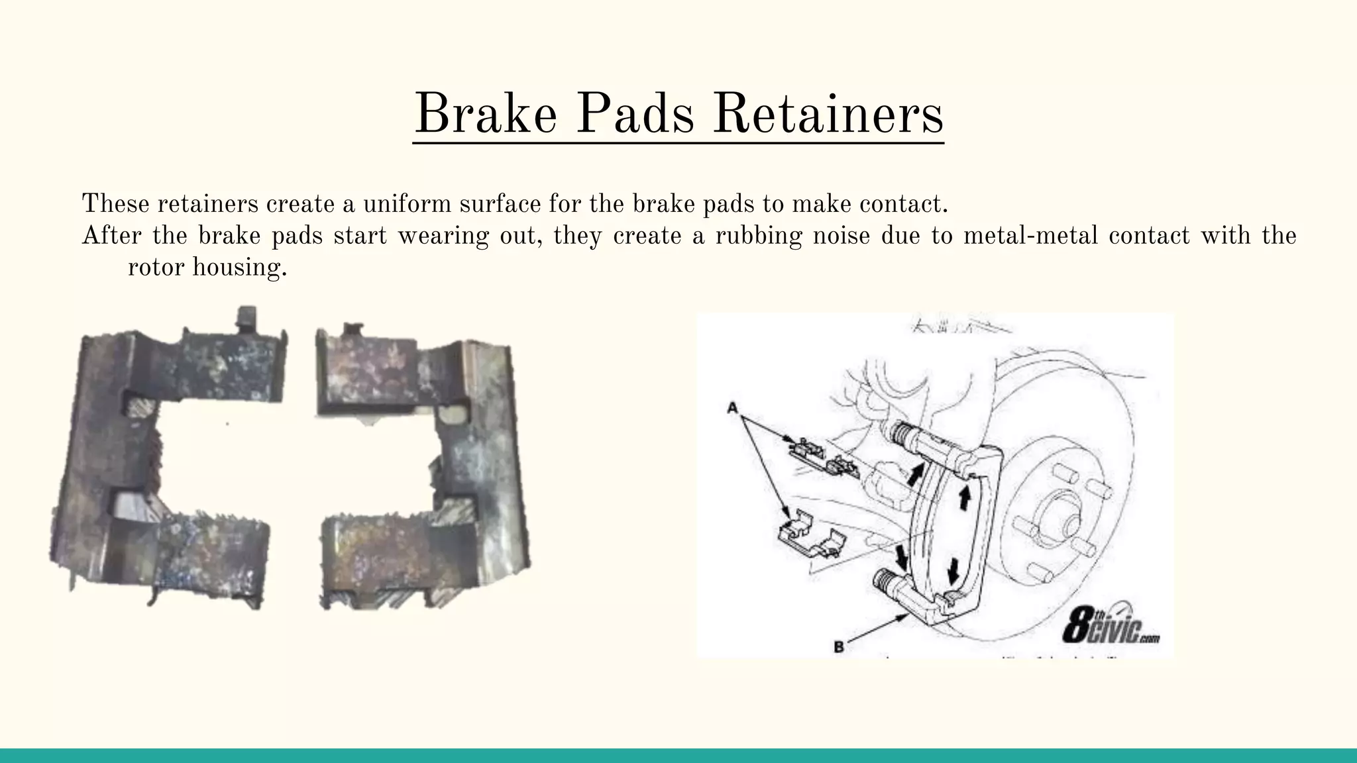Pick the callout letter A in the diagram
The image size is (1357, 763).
tap(732, 409)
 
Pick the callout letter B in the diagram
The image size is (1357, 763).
tap(839, 646)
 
